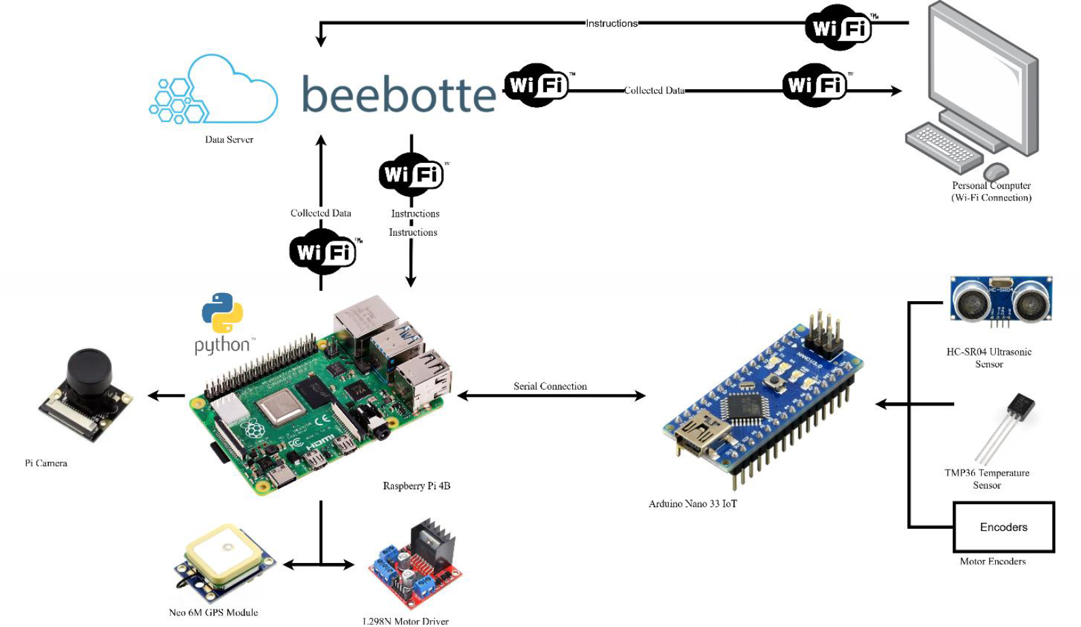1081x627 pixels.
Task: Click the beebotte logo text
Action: click(398, 94)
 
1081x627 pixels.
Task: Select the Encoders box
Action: click(1003, 527)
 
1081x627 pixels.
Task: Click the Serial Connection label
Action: click(550, 386)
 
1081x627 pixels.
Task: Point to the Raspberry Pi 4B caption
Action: click(416, 486)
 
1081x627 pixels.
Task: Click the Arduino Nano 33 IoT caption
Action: click(692, 504)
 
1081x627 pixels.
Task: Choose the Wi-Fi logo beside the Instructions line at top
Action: click(839, 27)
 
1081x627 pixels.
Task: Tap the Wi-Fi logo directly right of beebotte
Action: click(537, 85)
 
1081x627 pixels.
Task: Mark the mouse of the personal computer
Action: click(996, 170)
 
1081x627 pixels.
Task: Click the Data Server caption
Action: click(229, 140)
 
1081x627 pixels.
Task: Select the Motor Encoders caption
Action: click(992, 562)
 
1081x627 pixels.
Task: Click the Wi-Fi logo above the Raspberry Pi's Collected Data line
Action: click(323, 252)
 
